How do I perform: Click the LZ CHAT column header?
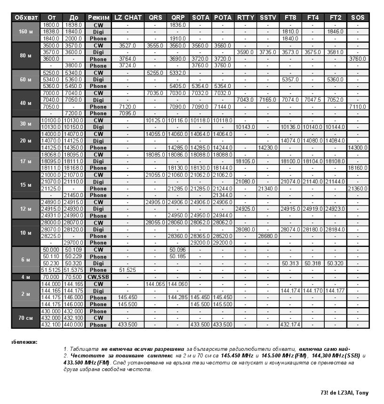128,17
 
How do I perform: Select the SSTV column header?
268,17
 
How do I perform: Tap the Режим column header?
98,17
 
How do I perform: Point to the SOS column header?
358,17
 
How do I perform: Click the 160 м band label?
26,32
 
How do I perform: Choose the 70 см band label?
26,318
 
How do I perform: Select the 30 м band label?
26,124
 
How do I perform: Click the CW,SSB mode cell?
98,277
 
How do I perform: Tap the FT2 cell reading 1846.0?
336,32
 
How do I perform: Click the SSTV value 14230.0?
268,148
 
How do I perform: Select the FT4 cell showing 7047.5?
313,100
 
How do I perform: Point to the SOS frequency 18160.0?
358,168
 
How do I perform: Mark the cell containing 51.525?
128,270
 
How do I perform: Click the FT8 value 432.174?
290,325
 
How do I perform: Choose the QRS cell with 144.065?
155,284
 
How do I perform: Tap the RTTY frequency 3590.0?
245,52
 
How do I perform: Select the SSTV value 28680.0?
268,236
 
